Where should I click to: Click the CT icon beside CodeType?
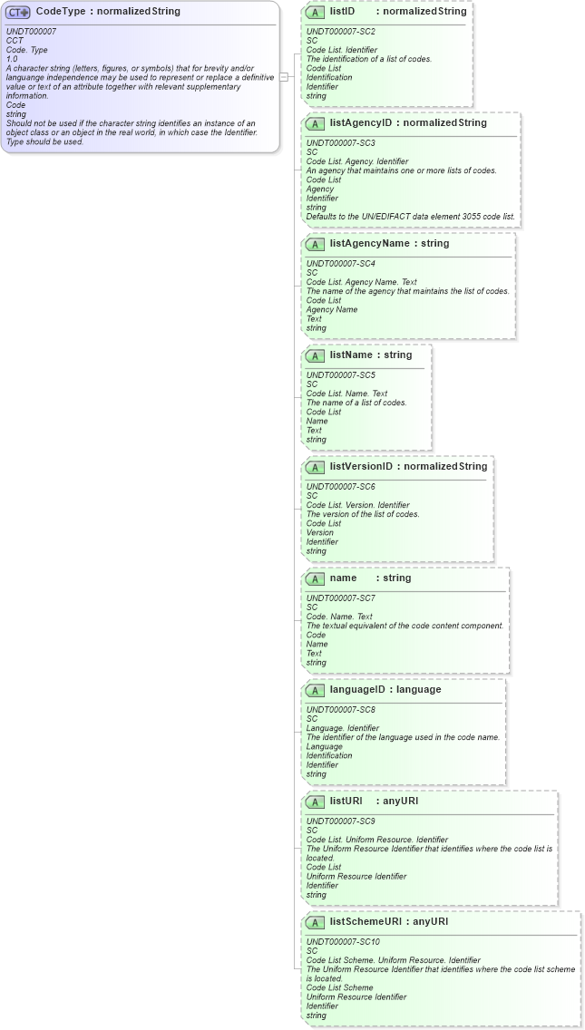[x=19, y=12]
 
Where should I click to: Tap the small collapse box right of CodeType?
[x=284, y=77]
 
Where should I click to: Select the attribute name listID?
[x=342, y=12]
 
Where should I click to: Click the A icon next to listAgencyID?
[x=315, y=123]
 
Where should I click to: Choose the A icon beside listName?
[x=315, y=355]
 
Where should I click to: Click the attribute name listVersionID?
[x=361, y=467]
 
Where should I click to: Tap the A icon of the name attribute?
[x=315, y=578]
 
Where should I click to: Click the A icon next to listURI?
[x=315, y=802]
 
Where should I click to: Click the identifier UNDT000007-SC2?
[x=340, y=32]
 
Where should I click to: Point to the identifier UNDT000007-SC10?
[x=342, y=942]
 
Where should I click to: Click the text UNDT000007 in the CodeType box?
[x=31, y=32]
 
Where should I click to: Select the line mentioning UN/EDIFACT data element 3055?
[x=410, y=217]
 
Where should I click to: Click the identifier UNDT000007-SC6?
[x=340, y=487]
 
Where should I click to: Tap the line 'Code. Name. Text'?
[x=339, y=617]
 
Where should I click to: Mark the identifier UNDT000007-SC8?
[x=340, y=710]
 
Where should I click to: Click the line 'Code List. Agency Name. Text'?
[x=361, y=282]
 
